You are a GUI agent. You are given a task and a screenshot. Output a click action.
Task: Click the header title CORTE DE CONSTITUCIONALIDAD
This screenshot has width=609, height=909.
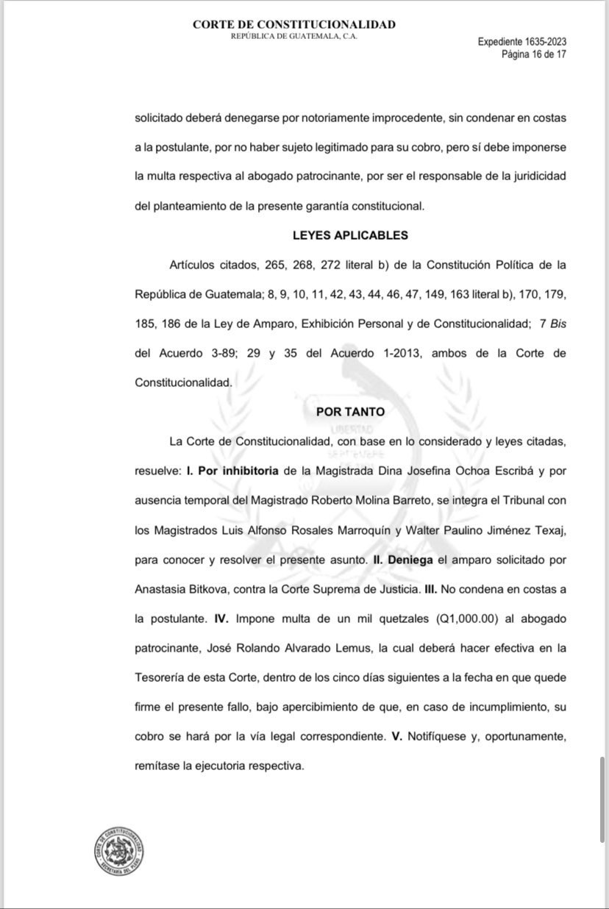coord(294,24)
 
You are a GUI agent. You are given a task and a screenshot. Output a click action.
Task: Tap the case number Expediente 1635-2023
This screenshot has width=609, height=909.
coord(521,42)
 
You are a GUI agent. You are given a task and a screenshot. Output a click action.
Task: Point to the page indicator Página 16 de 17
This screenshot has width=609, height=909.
coord(533,54)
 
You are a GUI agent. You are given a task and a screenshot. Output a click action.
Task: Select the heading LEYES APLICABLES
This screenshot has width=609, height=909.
coord(350,235)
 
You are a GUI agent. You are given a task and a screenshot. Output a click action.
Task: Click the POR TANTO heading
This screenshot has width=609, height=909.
coord(350,412)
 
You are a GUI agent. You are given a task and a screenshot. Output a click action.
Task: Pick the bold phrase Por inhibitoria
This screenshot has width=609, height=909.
coord(238,471)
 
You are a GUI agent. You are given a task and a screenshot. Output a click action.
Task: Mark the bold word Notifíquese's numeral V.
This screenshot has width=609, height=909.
coord(396,735)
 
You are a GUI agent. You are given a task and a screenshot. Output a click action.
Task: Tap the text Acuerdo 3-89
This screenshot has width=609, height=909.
coord(197,353)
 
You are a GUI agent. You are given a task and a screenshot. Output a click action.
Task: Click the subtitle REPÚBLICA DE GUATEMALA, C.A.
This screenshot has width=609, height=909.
coord(294,37)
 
